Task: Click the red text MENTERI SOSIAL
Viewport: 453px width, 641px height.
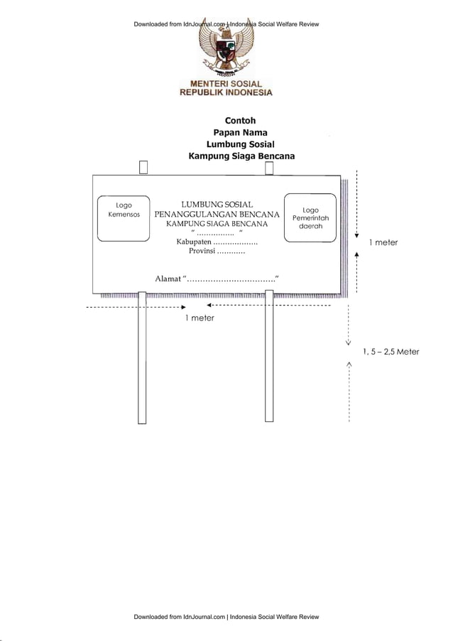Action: pyautogui.click(x=226, y=84)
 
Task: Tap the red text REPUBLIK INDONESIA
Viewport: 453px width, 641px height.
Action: pyautogui.click(x=226, y=93)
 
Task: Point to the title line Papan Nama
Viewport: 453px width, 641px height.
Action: pyautogui.click(x=240, y=132)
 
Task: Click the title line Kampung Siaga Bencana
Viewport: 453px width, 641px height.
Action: pyautogui.click(x=241, y=156)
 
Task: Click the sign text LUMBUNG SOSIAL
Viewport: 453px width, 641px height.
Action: pyautogui.click(x=217, y=205)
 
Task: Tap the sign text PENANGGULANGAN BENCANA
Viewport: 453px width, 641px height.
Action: pyautogui.click(x=217, y=215)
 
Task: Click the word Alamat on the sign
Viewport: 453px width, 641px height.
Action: pyautogui.click(x=168, y=278)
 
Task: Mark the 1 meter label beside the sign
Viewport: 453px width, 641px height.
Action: pyautogui.click(x=383, y=242)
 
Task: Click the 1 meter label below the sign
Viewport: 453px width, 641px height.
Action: pyautogui.click(x=200, y=318)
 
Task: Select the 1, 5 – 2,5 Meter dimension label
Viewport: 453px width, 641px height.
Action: pyautogui.click(x=391, y=351)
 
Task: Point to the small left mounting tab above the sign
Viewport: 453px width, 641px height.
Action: pyautogui.click(x=143, y=167)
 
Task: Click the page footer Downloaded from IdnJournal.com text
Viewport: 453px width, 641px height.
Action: pyautogui.click(x=226, y=617)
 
